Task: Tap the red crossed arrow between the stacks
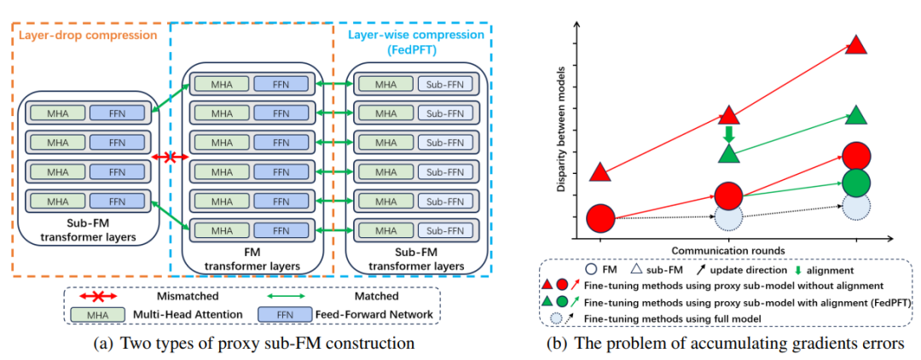click(x=171, y=158)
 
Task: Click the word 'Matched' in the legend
click(x=376, y=298)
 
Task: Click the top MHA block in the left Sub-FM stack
click(x=59, y=113)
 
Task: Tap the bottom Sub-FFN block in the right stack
click(x=443, y=229)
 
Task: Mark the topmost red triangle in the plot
click(x=857, y=45)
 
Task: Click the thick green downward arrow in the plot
click(x=728, y=134)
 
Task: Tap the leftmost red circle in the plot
click(x=600, y=218)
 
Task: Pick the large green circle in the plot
click(x=857, y=182)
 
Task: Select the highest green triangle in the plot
click(x=857, y=114)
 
